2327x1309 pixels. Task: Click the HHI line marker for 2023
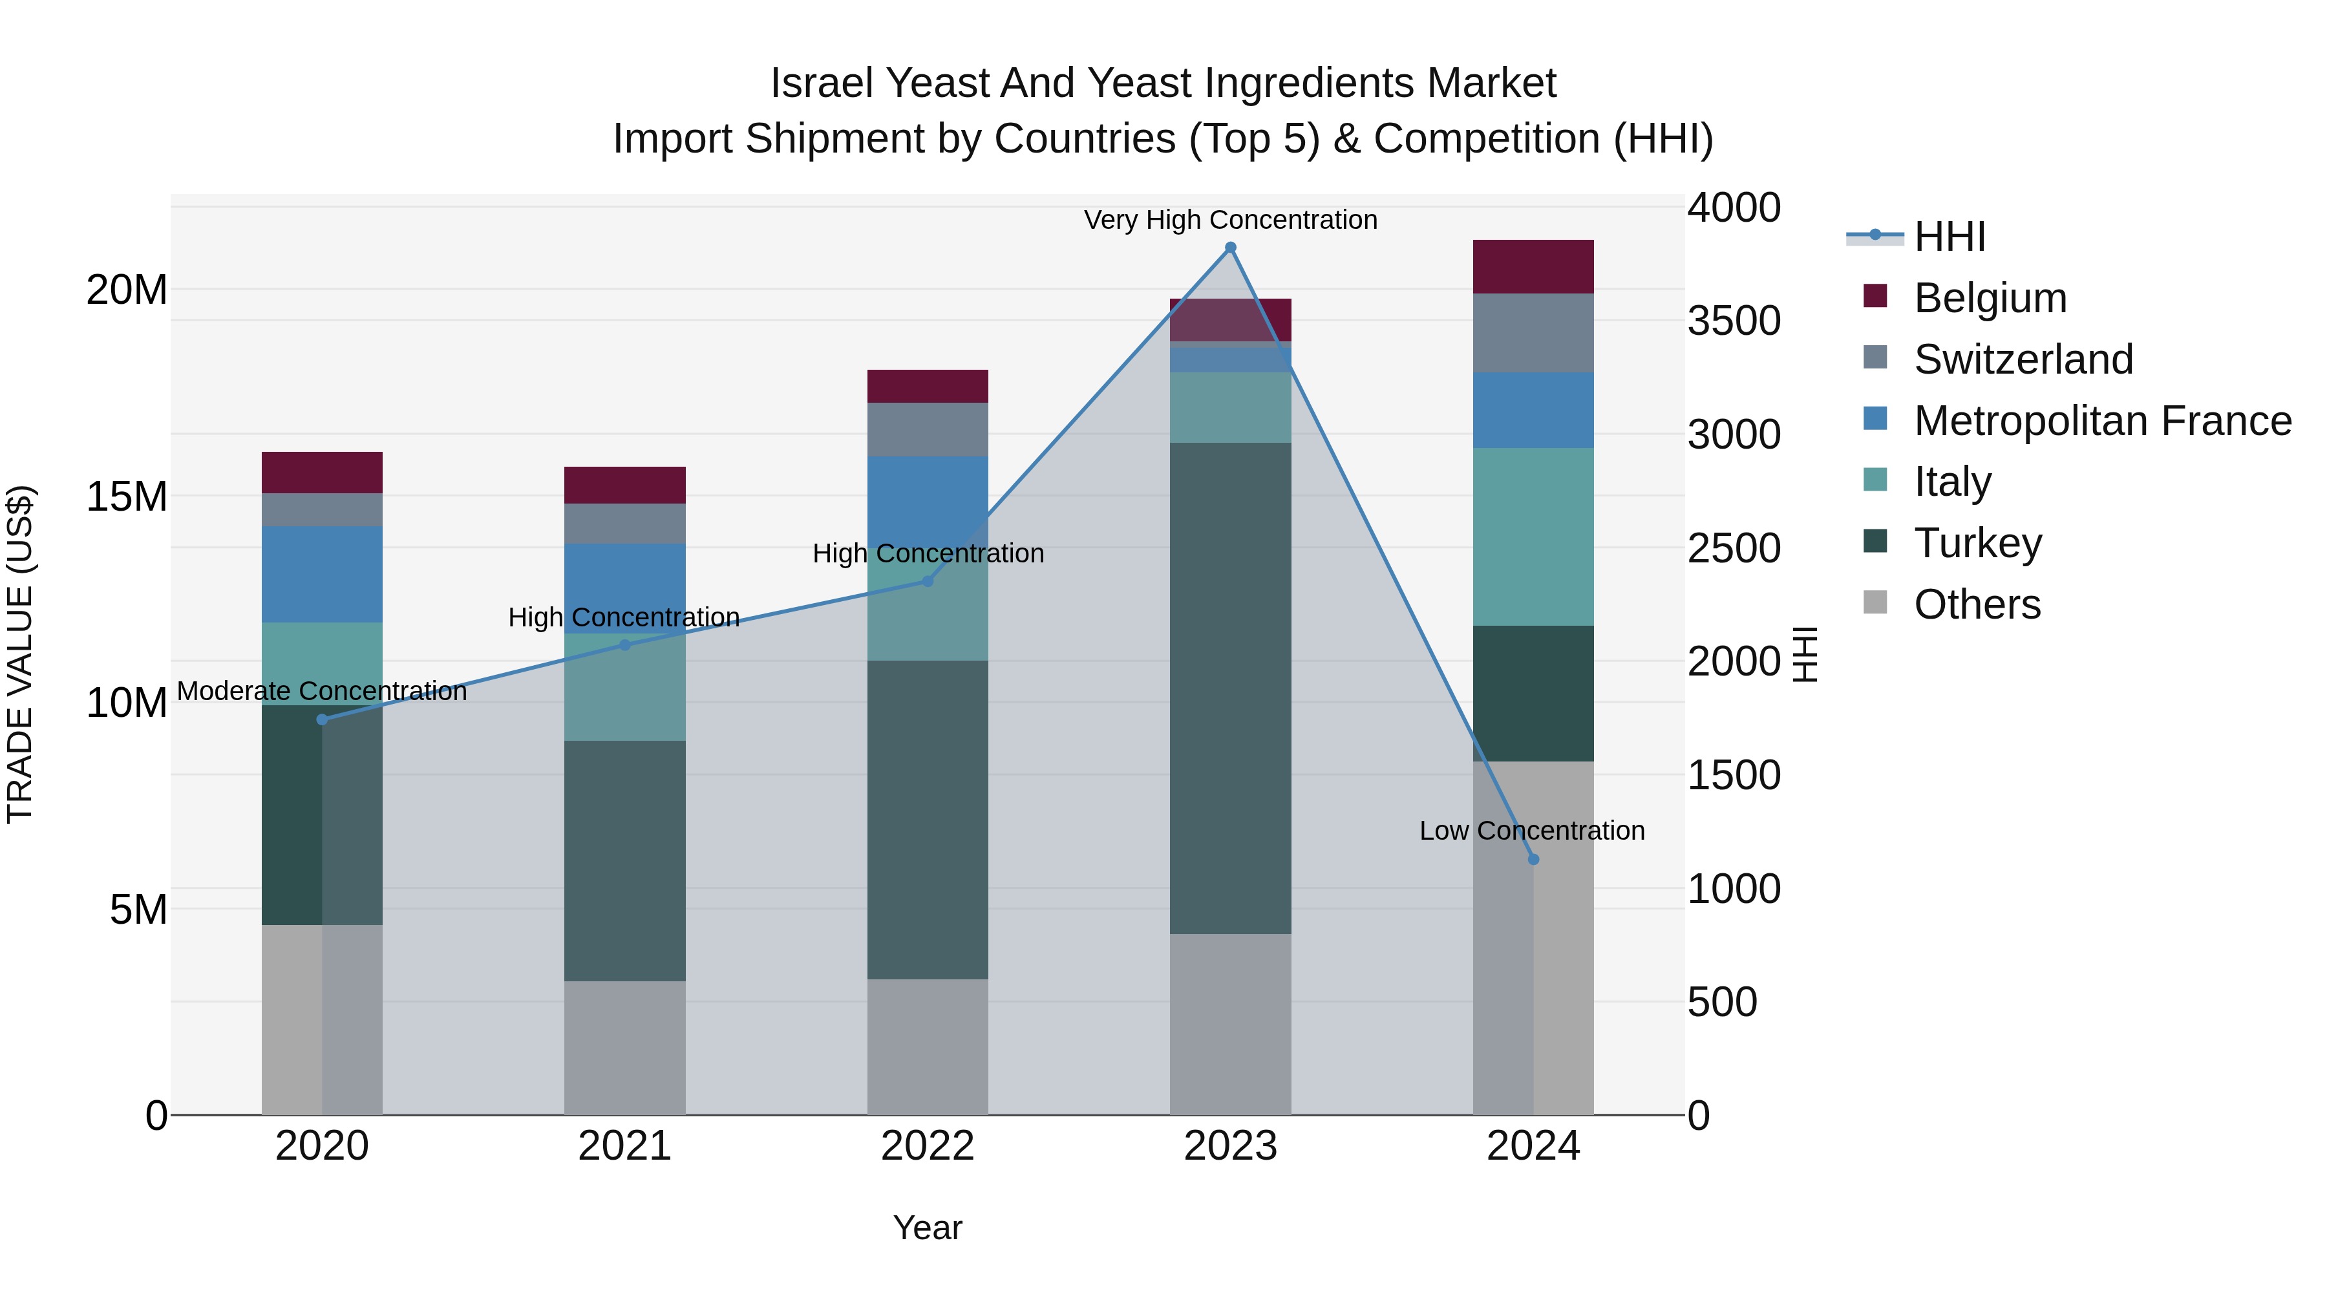[1229, 248]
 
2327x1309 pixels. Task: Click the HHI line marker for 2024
[1533, 859]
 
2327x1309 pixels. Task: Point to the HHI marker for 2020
[323, 719]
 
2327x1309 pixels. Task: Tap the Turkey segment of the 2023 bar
[1229, 688]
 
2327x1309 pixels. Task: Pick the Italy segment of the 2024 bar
[1533, 537]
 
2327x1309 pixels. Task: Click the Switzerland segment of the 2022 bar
[927, 429]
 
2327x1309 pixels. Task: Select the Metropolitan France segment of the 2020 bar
[322, 575]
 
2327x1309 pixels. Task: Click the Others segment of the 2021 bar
[624, 1047]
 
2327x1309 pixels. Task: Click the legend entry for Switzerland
[2023, 359]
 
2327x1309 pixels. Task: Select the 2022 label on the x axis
[927, 1146]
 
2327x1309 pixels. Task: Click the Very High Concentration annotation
[1229, 220]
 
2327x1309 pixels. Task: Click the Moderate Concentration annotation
[322, 691]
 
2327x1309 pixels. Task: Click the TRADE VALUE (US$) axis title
[20, 654]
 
